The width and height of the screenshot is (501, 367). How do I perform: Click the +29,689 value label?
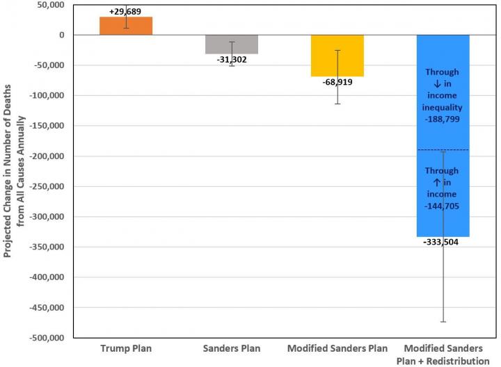point(126,12)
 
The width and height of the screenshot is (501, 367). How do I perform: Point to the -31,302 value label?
point(232,60)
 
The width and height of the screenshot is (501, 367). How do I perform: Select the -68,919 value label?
point(337,82)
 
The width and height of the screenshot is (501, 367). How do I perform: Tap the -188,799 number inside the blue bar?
point(443,120)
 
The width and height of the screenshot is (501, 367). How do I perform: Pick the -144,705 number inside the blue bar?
point(443,206)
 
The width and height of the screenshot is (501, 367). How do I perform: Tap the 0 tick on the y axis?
point(61,35)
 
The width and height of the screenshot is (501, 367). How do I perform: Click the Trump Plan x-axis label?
point(126,348)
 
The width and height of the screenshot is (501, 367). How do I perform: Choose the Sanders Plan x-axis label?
point(231,348)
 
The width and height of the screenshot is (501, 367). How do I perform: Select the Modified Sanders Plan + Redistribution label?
point(443,353)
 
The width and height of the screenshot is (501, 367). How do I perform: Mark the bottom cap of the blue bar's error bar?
point(443,322)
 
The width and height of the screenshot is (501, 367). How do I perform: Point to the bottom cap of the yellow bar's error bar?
point(337,104)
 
